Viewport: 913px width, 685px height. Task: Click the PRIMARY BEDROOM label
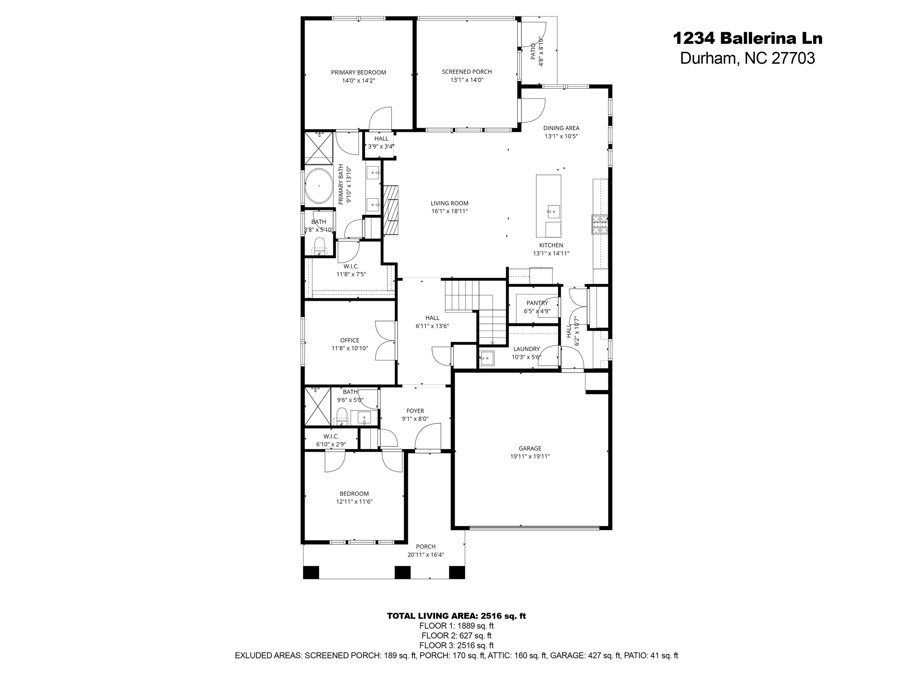coord(358,72)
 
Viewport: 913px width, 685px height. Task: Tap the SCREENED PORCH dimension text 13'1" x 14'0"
coord(467,80)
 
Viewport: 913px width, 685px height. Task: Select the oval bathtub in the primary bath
coord(318,186)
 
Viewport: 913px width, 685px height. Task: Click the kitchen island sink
coord(553,211)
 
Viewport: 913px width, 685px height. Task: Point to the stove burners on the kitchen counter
coord(599,224)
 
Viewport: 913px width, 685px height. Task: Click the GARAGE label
coord(530,448)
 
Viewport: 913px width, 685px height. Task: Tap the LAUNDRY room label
coord(526,349)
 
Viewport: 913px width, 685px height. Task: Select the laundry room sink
coord(486,358)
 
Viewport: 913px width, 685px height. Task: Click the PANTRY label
coord(537,303)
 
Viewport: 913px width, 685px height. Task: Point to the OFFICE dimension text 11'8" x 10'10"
coord(350,348)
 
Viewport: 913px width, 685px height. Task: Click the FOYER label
coord(415,411)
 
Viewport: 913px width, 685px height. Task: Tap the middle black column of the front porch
coord(403,572)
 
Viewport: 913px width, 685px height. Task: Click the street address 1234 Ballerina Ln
coord(747,38)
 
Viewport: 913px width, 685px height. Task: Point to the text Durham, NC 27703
coord(747,58)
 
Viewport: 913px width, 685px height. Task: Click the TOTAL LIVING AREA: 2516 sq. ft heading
coord(456,616)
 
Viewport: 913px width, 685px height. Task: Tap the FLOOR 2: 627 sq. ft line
coord(456,635)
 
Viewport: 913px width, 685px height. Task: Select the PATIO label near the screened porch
coord(533,52)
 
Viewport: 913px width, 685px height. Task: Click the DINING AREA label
coord(561,128)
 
